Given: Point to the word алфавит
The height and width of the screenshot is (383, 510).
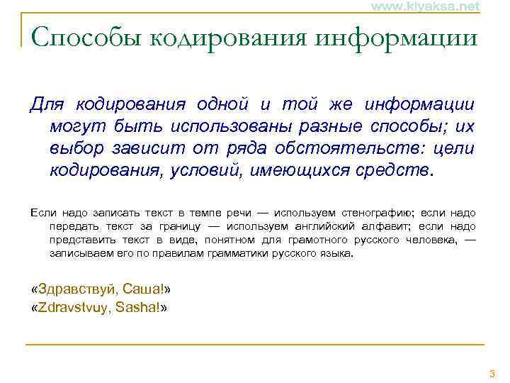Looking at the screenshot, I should coord(386,226).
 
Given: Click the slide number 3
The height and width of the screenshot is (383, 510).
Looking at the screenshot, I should coord(492,374).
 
